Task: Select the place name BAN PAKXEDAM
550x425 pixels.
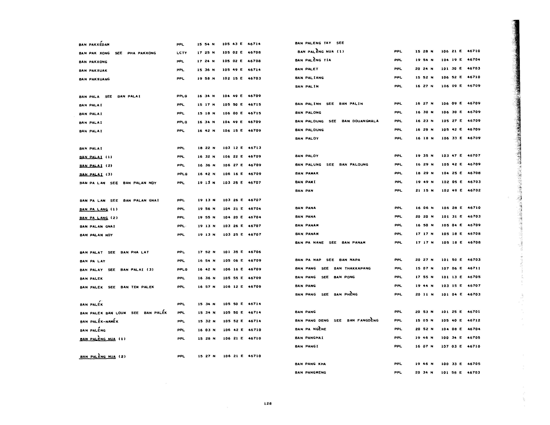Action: [94, 44]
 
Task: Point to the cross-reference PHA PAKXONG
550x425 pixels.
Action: [141, 53]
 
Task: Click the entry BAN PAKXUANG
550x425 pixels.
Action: [94, 79]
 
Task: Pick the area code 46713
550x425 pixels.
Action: [254, 148]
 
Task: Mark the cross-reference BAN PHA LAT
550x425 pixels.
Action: [134, 252]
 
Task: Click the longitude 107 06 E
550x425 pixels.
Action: [451, 268]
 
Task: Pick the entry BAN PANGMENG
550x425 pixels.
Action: [310, 372]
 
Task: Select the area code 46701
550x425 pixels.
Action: [474, 312]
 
